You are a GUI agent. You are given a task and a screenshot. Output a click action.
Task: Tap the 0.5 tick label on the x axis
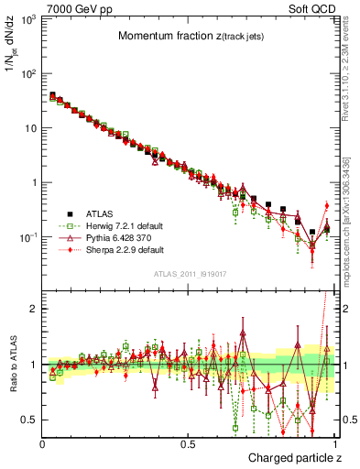pos(188,444)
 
